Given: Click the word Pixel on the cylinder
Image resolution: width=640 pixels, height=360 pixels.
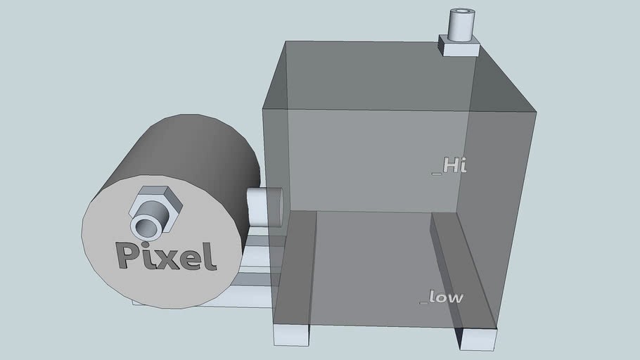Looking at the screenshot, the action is click(166, 256).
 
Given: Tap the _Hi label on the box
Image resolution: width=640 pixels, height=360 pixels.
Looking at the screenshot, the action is click(449, 166).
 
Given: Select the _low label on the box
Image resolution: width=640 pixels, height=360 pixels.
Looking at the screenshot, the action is click(442, 297).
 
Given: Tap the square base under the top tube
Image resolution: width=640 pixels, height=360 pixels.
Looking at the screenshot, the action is click(459, 46).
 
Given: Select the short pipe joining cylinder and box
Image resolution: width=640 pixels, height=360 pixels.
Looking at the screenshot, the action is click(264, 206).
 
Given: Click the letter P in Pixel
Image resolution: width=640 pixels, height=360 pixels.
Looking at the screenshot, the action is click(127, 255).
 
